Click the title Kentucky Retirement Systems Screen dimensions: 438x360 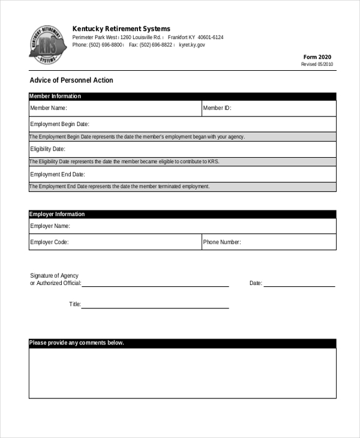coord(121,29)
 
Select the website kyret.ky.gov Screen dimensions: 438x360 coord(192,45)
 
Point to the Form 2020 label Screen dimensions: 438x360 coord(318,57)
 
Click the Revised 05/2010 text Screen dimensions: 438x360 coord(317,64)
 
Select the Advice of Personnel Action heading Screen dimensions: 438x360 coord(71,80)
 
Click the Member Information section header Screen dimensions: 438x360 coord(55,96)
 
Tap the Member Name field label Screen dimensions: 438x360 coord(49,109)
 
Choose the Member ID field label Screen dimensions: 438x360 coord(217,109)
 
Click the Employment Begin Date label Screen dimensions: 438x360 coord(59,124)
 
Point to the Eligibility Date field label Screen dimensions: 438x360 coord(47,149)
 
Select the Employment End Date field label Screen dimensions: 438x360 coord(58,175)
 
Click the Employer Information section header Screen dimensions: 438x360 coord(57,214)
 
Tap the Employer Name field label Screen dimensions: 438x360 coord(50,226)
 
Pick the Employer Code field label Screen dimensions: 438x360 coord(49,242)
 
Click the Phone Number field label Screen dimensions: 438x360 coord(222,242)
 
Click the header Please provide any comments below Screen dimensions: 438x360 coord(76,343)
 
